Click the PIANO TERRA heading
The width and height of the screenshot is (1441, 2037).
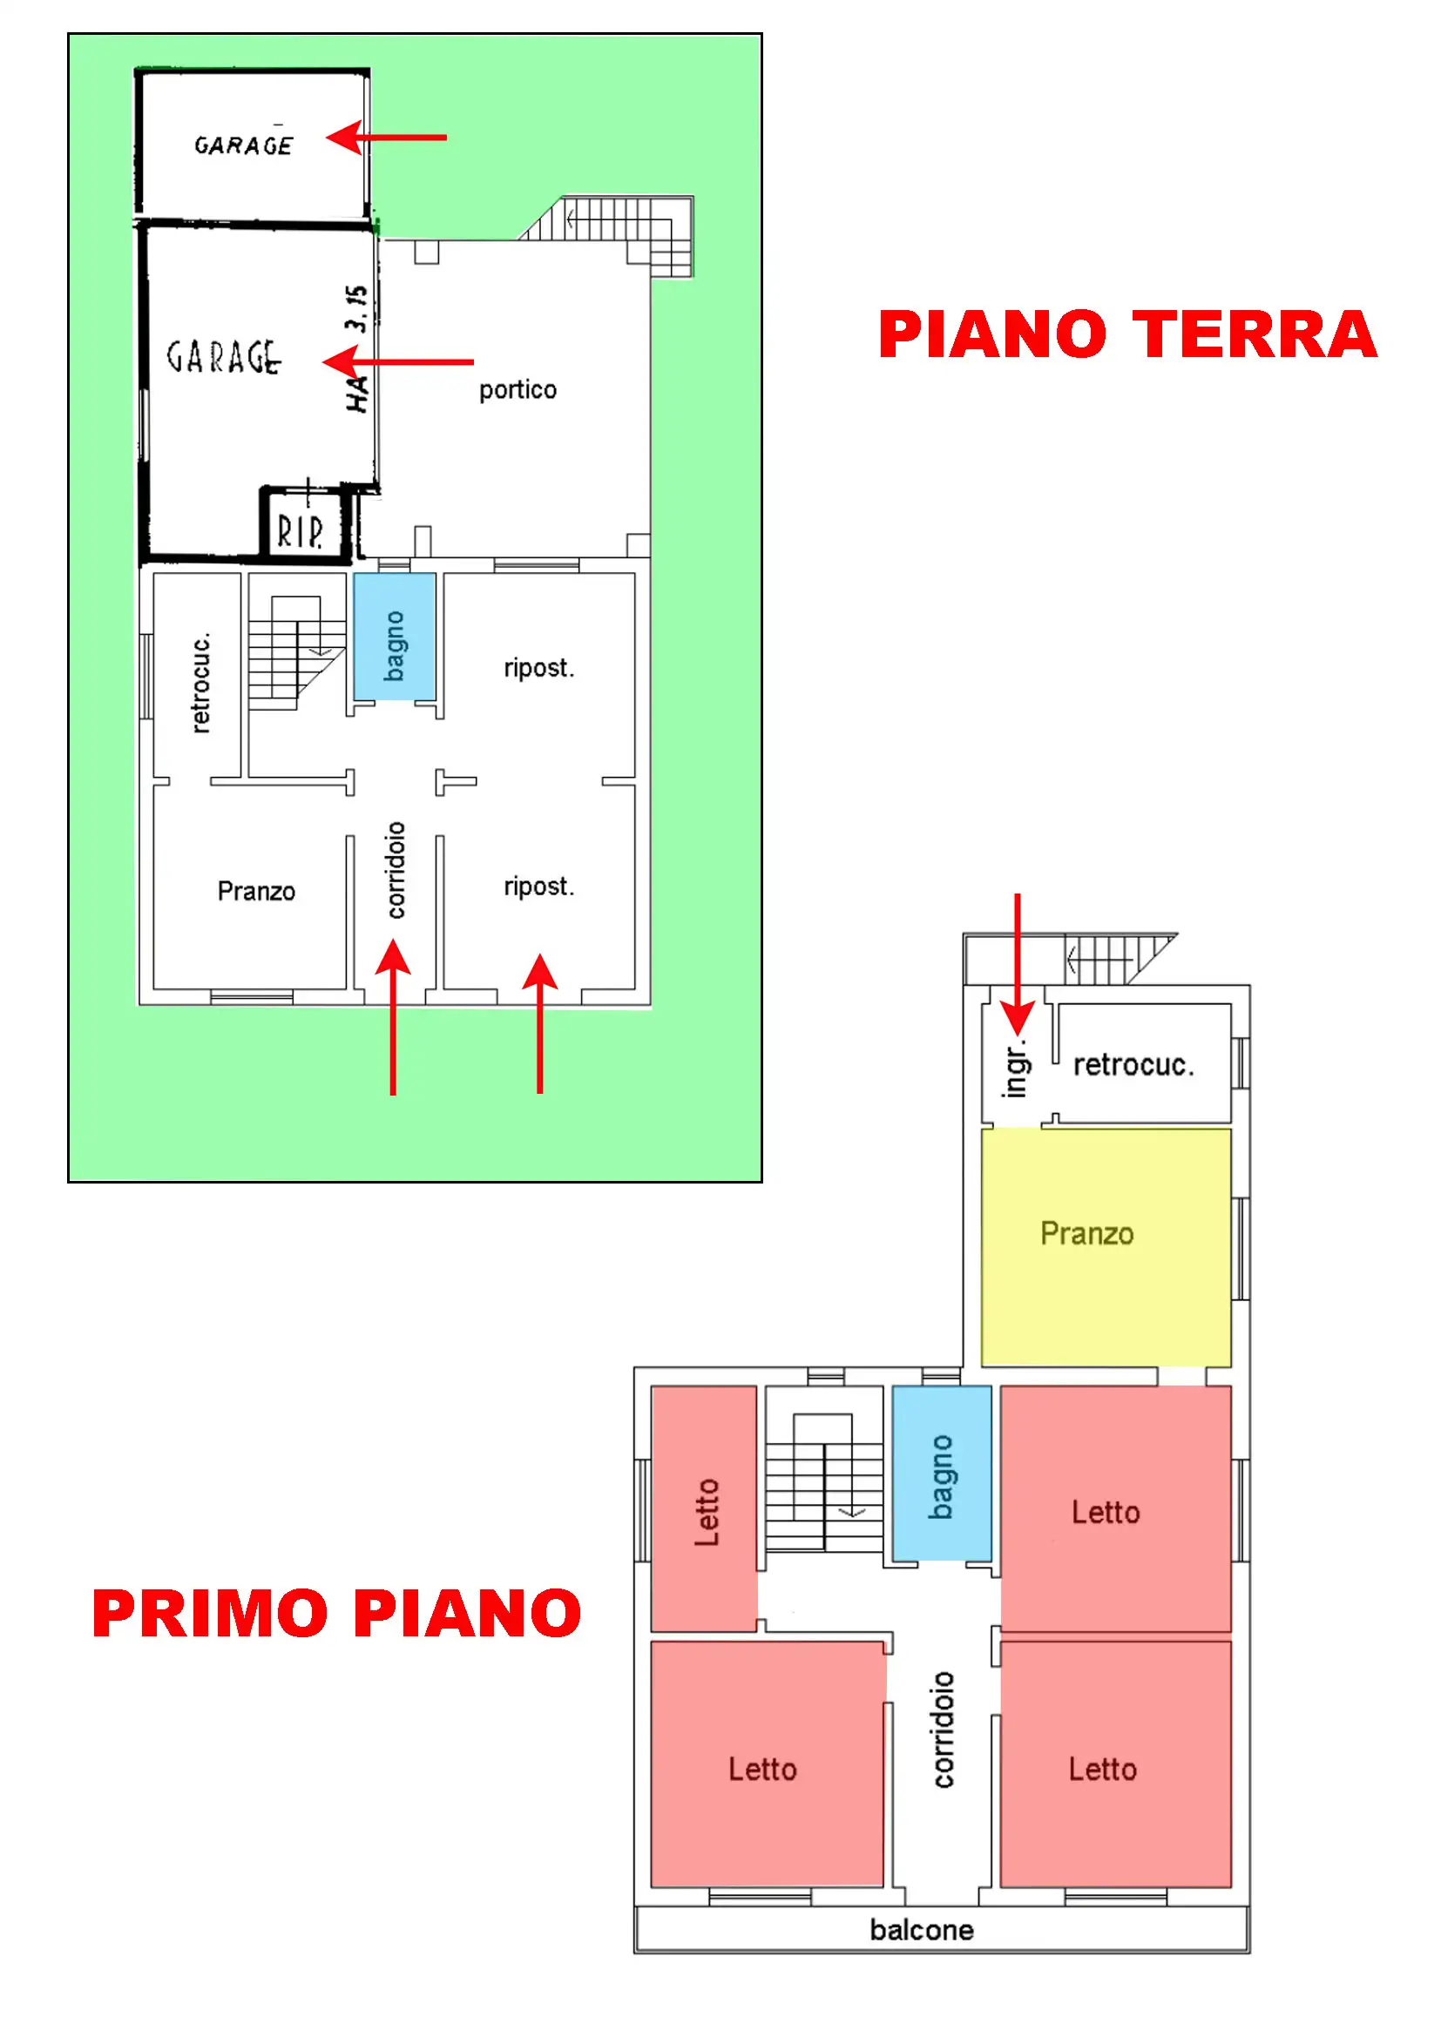[1126, 334]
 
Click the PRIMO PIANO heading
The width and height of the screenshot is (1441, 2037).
[336, 1613]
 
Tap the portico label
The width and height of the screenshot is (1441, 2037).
[518, 390]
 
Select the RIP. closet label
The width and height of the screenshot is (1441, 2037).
[300, 531]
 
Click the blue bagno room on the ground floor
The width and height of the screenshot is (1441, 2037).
[394, 636]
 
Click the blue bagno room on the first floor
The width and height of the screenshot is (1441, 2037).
[942, 1473]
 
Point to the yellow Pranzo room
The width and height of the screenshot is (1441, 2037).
[1106, 1246]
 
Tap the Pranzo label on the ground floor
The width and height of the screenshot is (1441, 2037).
[256, 891]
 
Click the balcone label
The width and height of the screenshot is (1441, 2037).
[921, 1931]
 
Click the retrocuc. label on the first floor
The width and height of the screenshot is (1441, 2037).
[1134, 1064]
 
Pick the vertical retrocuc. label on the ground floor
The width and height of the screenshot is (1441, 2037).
[200, 682]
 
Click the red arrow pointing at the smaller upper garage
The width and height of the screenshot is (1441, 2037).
[387, 138]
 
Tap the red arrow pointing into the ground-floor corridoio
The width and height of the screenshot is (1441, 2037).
[393, 1016]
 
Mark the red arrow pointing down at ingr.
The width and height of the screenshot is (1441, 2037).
[1018, 964]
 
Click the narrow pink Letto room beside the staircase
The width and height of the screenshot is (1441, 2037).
[704, 1508]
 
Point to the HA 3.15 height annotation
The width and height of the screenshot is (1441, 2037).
[356, 347]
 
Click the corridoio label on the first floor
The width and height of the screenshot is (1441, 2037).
[943, 1730]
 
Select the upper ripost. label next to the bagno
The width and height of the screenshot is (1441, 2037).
[539, 668]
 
